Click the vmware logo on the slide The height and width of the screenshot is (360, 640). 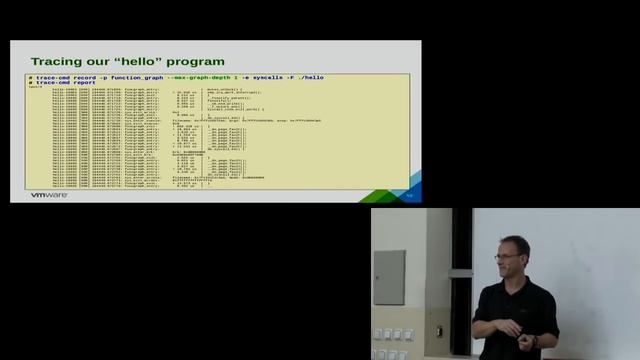(x=47, y=195)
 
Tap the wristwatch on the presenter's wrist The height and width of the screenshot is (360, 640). (x=535, y=340)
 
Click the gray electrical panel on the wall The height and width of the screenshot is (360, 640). (x=389, y=277)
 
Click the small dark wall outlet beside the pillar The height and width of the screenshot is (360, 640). (x=439, y=331)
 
